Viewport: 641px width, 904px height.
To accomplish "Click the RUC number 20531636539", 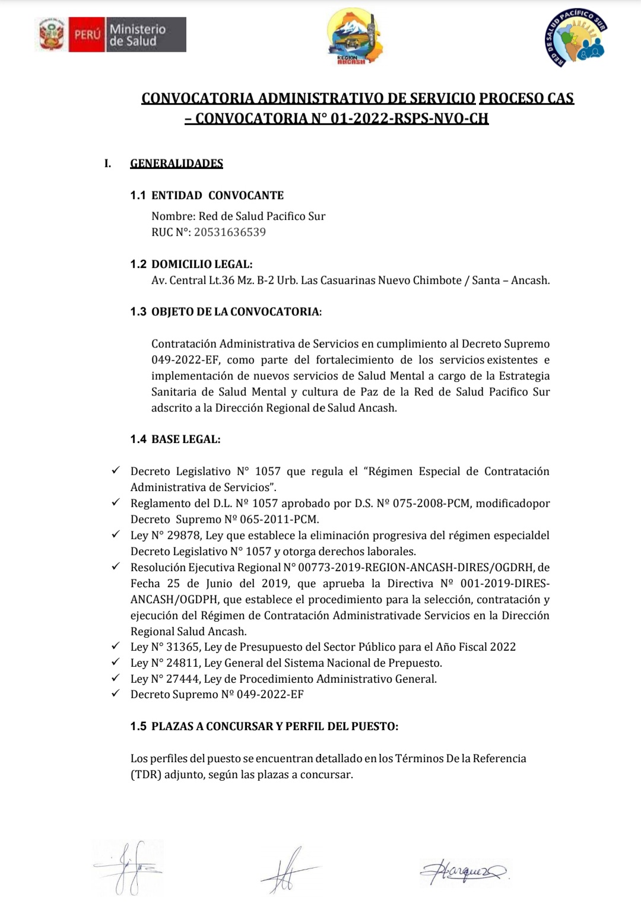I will tap(230, 232).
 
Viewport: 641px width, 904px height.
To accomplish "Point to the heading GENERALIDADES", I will tap(176, 164).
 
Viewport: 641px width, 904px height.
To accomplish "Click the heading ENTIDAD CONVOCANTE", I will tap(217, 195).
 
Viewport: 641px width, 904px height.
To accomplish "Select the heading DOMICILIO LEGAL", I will tap(202, 264).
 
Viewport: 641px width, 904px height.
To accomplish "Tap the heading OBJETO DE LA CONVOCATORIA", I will tap(236, 311).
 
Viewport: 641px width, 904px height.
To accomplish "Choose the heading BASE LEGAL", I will tap(186, 439).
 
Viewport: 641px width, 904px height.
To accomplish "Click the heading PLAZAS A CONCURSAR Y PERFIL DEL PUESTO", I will tap(275, 726).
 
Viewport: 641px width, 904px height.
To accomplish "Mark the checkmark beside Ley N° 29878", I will tap(116, 534).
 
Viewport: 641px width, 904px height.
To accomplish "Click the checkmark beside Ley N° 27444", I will tap(116, 678).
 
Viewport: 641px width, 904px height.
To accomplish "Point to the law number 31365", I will tap(183, 647).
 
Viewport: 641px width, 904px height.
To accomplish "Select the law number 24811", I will tap(183, 663).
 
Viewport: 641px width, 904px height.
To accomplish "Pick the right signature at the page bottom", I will tap(464, 871).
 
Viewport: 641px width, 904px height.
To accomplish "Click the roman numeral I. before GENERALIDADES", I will tap(108, 164).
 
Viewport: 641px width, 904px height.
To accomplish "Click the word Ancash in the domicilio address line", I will tap(530, 280).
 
